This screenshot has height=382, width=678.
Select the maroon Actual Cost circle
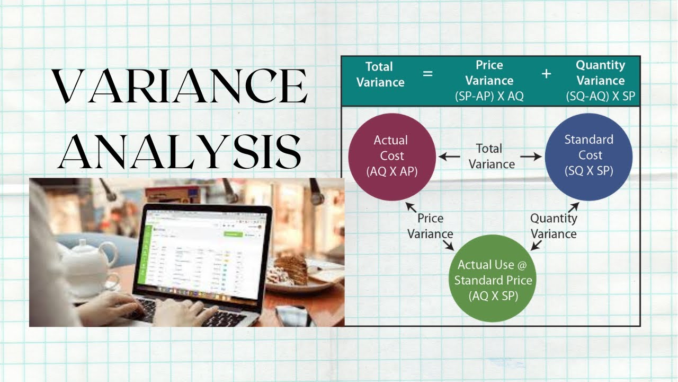(x=391, y=157)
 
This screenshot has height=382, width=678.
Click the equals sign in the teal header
(x=427, y=74)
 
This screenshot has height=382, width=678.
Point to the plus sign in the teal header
(x=546, y=74)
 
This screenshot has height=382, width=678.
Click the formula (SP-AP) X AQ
(x=489, y=97)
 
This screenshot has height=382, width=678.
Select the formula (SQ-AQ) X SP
(x=600, y=97)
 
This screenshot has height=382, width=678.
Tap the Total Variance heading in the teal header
(x=380, y=74)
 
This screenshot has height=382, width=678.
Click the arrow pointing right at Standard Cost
(x=531, y=157)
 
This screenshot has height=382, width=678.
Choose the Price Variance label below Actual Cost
(x=430, y=226)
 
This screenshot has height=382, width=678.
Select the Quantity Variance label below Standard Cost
(x=554, y=226)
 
